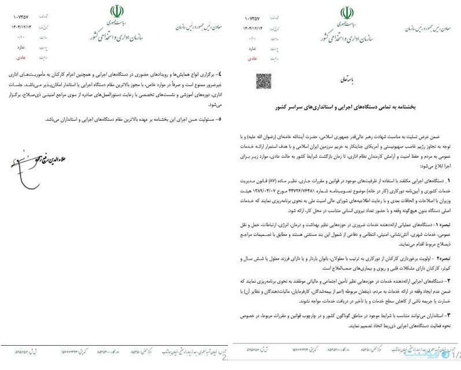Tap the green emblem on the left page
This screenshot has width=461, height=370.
(116, 11)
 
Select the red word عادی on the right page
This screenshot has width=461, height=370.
(253, 58)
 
